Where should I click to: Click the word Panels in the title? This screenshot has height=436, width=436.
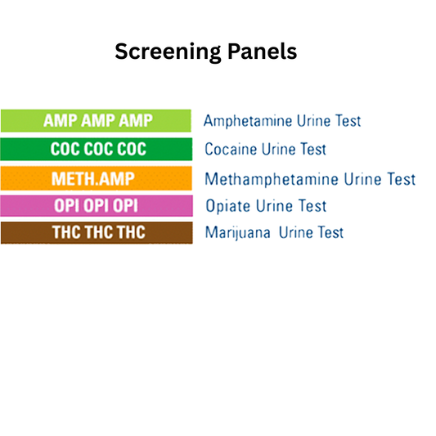(x=259, y=52)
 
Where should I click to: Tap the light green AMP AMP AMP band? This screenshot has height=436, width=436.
(x=96, y=121)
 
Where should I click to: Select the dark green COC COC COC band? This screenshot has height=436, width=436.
(x=96, y=149)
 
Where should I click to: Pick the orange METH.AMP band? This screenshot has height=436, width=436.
(x=96, y=178)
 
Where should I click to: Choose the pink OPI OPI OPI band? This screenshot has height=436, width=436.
(x=96, y=205)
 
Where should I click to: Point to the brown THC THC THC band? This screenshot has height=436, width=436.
(x=96, y=232)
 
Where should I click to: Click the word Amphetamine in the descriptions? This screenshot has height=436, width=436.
(x=244, y=122)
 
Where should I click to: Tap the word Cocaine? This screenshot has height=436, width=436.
(x=231, y=150)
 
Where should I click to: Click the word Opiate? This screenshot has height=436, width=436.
(x=227, y=206)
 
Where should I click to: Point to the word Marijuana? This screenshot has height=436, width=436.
(x=238, y=233)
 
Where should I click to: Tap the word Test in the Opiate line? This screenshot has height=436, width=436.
(x=312, y=206)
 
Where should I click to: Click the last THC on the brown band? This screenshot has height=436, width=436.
(x=129, y=232)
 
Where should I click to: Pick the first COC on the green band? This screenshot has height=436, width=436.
(x=65, y=149)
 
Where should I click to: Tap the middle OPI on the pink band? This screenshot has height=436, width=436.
(x=97, y=205)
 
